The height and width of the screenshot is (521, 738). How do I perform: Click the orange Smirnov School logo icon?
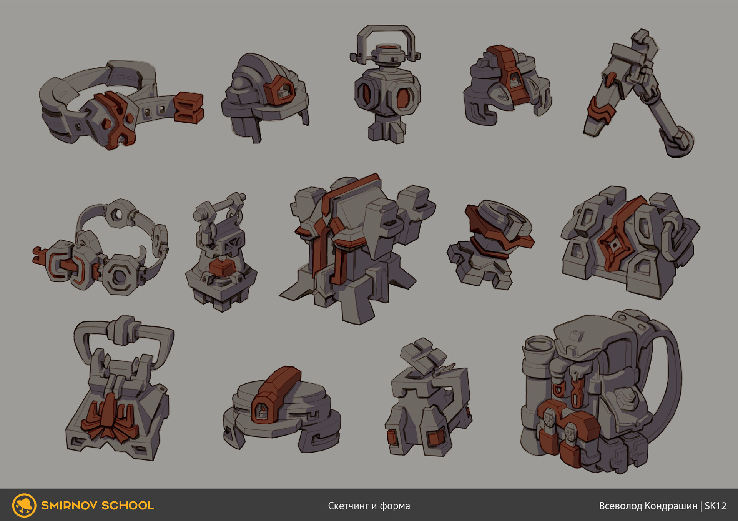click(x=24, y=505)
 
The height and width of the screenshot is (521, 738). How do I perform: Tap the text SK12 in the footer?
click(x=715, y=506)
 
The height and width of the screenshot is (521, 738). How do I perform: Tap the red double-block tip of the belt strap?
click(x=189, y=107)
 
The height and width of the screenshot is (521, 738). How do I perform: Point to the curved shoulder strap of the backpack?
click(x=671, y=377)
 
